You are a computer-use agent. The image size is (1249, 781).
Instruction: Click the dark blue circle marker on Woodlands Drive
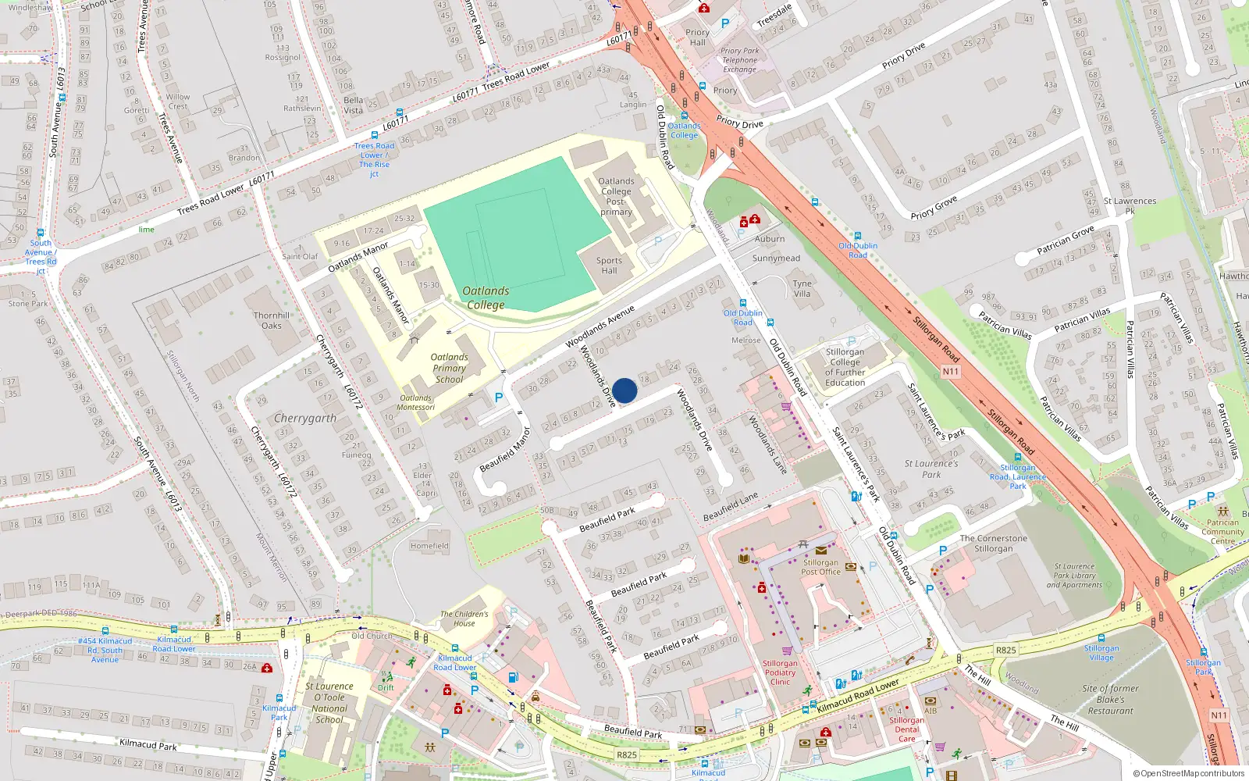point(624,390)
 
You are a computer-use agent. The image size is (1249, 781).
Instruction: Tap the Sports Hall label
point(609,266)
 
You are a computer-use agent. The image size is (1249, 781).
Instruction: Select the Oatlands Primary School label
point(450,368)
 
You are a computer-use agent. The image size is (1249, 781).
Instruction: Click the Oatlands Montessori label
point(415,402)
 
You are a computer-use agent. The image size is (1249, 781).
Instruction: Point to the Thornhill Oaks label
point(272,320)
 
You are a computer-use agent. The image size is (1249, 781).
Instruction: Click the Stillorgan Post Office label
point(820,567)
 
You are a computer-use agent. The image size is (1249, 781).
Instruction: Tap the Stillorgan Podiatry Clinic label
point(780,672)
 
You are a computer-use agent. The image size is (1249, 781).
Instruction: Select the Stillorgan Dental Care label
point(906,729)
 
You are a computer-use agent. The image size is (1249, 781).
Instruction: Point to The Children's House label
point(464,619)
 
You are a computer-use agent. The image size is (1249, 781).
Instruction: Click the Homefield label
point(429,546)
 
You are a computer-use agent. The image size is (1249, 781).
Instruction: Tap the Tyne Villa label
point(802,289)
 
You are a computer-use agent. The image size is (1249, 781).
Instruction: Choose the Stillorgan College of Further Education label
point(845,367)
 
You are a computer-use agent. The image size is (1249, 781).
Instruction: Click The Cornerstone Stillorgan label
point(993,544)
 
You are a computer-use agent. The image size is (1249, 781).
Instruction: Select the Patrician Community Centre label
point(1222,532)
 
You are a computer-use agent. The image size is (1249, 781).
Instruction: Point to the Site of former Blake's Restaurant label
point(1110,699)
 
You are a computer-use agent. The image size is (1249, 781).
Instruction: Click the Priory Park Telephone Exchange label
point(739,60)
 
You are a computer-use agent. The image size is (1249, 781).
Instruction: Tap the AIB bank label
point(931,711)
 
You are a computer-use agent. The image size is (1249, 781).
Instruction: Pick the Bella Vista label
point(353,105)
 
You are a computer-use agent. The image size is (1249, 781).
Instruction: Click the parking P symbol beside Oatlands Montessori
point(499,398)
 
